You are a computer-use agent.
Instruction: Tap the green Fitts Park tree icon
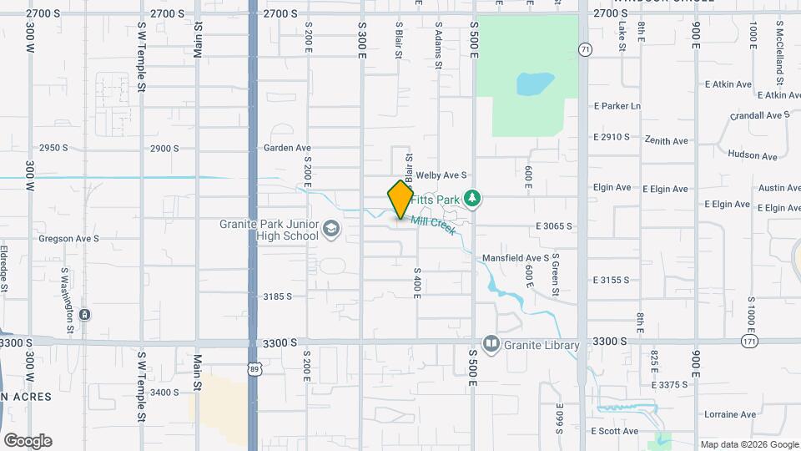click(473, 199)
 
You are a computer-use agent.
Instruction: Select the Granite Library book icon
click(491, 344)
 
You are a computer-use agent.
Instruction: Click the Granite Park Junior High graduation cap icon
click(330, 229)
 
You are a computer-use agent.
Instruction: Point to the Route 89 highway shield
click(254, 367)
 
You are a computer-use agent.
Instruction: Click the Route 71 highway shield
click(586, 49)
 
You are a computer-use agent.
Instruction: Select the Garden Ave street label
click(287, 148)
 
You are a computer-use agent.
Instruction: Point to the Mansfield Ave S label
click(516, 258)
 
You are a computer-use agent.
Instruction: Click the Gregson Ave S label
click(68, 238)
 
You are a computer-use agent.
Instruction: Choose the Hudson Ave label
click(752, 155)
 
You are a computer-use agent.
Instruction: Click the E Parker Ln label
click(617, 106)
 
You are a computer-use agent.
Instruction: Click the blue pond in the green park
click(535, 84)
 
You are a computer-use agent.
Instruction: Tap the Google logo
click(28, 441)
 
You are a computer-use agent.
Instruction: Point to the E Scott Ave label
click(614, 431)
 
